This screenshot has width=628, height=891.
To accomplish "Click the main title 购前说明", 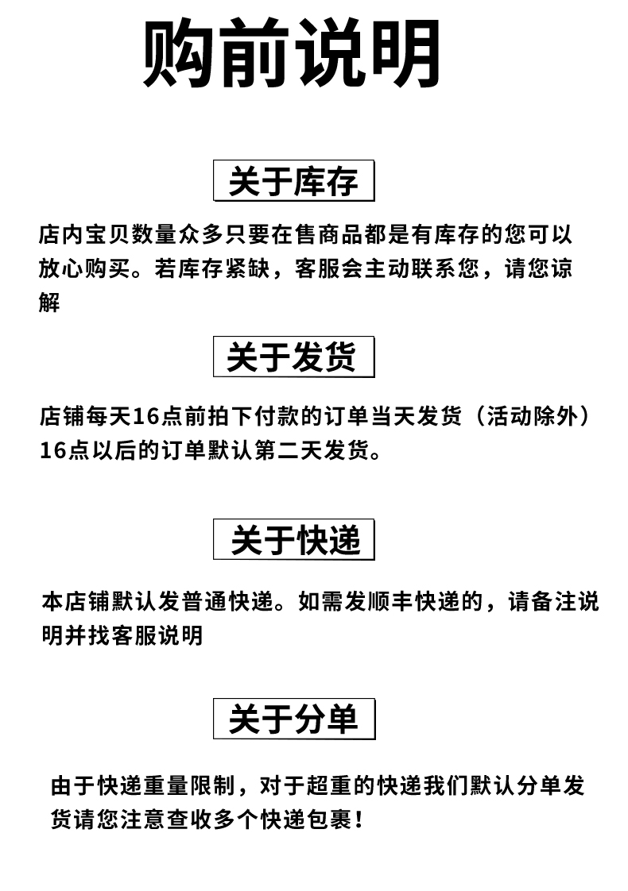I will click(x=292, y=53).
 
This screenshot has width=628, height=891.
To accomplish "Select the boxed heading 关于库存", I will click(x=293, y=182).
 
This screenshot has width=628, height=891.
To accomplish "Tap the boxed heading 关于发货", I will click(x=293, y=357).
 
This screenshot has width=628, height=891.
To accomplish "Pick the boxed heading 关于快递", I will click(x=293, y=540).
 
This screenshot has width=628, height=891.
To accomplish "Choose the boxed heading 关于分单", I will click(x=293, y=719).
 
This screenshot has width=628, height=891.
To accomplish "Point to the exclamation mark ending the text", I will click(x=360, y=820).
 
